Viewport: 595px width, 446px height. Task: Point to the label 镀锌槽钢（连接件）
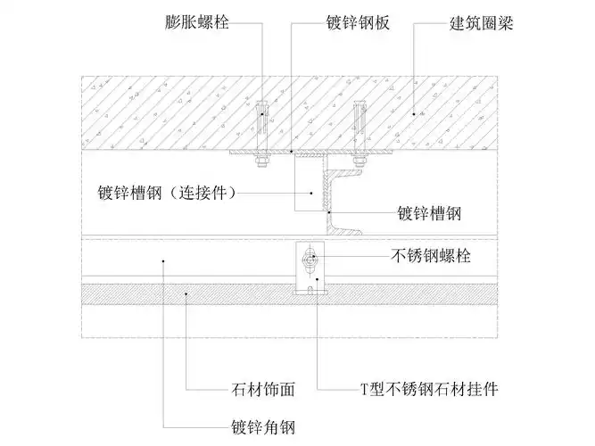click(166, 192)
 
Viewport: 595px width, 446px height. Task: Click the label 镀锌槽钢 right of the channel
click(428, 214)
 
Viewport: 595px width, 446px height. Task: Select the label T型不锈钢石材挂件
click(428, 390)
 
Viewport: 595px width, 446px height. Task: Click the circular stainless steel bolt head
click(309, 260)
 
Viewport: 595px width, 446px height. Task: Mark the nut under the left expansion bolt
click(261, 161)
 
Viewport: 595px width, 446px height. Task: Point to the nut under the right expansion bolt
click(359, 161)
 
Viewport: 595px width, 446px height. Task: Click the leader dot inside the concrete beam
click(412, 113)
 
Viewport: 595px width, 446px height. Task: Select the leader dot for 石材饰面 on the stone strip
click(186, 291)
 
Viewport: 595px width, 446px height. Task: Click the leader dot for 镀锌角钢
click(163, 260)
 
